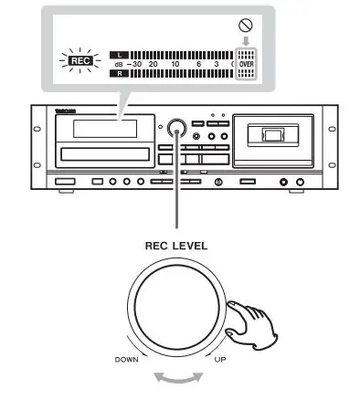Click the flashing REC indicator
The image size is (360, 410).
point(69,63)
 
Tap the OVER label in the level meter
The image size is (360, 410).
point(246,64)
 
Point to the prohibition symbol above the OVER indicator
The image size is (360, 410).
point(245,26)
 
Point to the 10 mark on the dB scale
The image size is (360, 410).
point(175,65)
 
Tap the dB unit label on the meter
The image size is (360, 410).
point(116,65)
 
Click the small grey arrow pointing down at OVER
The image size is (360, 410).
point(245,41)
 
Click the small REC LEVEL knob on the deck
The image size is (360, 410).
point(177,127)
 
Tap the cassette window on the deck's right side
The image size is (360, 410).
point(271,135)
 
